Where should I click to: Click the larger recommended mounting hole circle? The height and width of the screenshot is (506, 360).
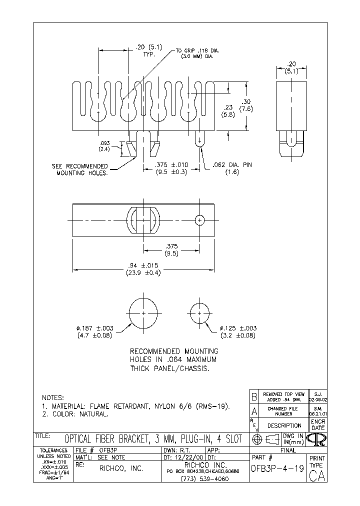[x=143, y=312]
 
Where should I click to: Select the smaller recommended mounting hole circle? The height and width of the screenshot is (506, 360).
[x=200, y=312]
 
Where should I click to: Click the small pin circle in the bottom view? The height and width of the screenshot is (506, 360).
[x=200, y=220]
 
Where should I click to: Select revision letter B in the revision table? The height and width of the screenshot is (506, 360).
[x=254, y=397]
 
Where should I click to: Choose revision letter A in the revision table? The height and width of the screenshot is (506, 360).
[x=254, y=411]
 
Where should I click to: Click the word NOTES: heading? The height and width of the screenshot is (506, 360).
[x=52, y=397]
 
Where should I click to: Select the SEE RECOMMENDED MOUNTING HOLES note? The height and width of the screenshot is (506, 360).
[x=80, y=169]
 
